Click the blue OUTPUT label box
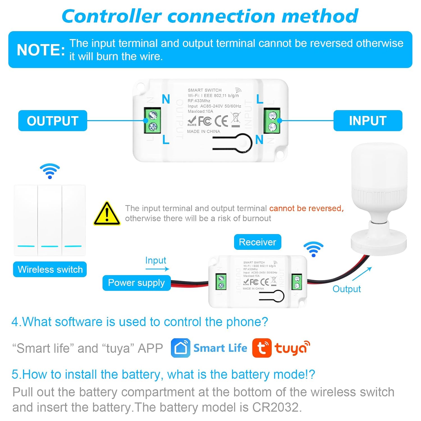[52, 121]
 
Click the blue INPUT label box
[368, 121]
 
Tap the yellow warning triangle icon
[107, 214]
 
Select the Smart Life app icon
[180, 348]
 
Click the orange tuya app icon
[262, 348]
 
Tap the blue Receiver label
[257, 242]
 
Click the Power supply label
[136, 283]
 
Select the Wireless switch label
[50, 269]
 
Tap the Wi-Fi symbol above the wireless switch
[50, 171]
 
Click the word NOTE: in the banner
[41, 50]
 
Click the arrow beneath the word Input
[157, 269]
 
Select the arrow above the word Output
[362, 274]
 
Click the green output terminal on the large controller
[152, 120]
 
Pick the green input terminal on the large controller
[271, 120]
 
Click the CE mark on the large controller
[221, 121]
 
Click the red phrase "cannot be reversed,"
[306, 208]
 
